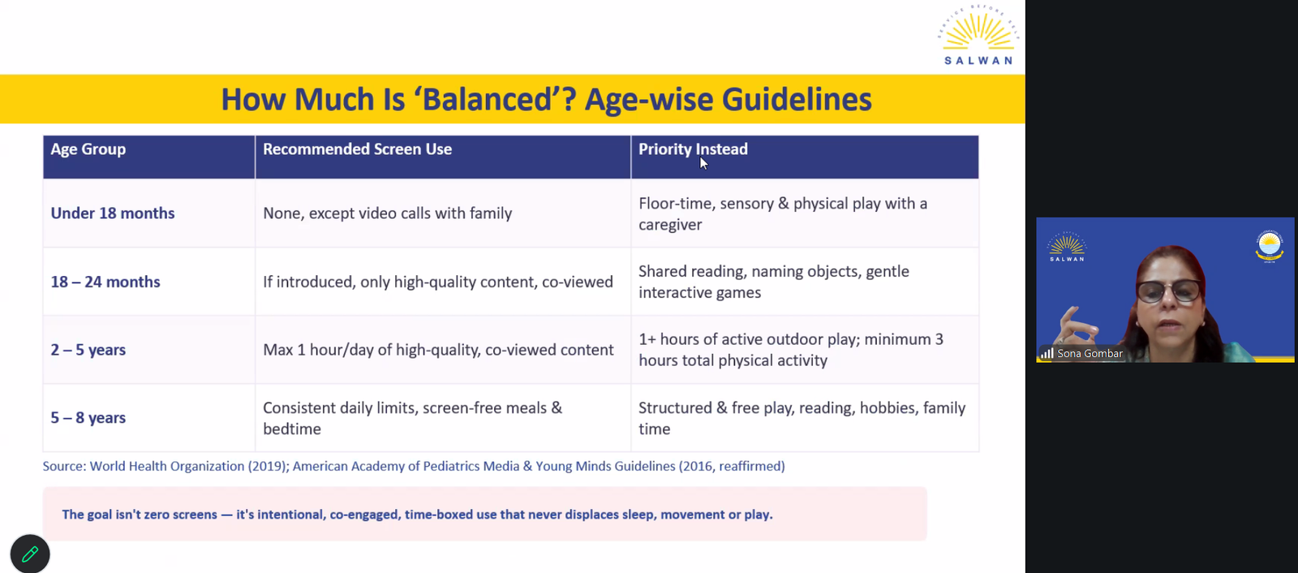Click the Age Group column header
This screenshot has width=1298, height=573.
tap(88, 149)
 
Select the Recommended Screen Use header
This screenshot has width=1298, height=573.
tap(357, 149)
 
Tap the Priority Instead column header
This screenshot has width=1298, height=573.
tap(693, 149)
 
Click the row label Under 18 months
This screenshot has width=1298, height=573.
tap(113, 213)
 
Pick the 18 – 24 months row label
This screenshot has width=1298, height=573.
tap(105, 282)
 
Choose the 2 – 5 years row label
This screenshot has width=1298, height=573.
tap(88, 350)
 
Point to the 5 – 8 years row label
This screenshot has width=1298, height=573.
tap(88, 417)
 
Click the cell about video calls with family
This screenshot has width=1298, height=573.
tap(388, 213)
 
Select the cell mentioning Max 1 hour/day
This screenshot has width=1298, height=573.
tap(438, 350)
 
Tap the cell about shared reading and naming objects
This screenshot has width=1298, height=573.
tap(774, 282)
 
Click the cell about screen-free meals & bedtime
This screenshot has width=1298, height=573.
tap(413, 418)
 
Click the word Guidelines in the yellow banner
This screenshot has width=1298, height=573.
tap(796, 98)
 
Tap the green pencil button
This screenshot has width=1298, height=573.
tap(30, 554)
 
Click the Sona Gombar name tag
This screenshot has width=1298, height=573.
tap(1082, 353)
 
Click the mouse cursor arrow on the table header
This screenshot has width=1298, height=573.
tap(703, 163)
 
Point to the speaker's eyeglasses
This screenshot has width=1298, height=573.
tap(1168, 291)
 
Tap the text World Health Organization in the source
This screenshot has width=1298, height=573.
tap(167, 467)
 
